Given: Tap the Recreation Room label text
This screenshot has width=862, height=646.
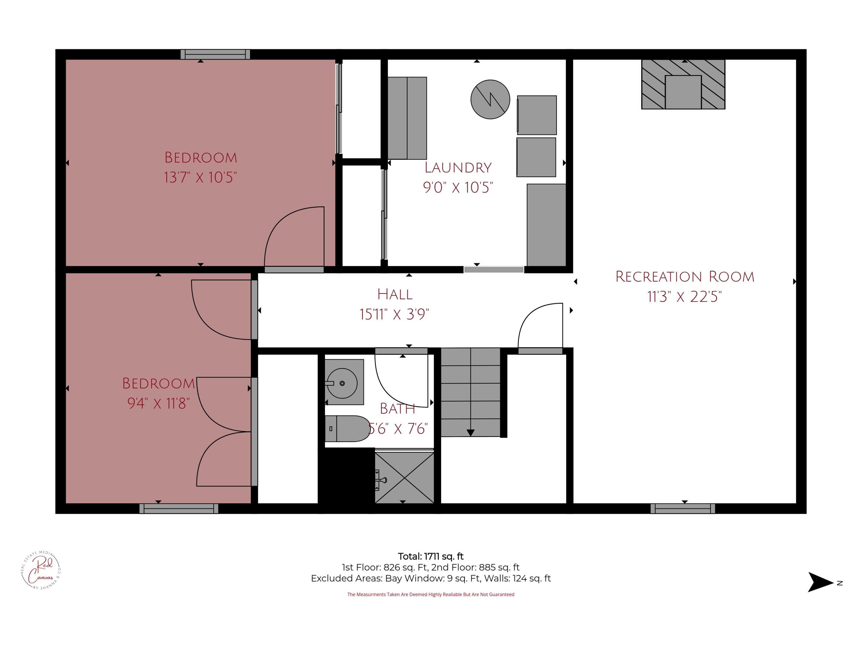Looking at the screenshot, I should pos(685,277).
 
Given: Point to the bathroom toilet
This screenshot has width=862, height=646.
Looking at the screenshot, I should pos(347,429).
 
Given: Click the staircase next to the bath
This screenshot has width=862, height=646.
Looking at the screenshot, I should pos(470,392).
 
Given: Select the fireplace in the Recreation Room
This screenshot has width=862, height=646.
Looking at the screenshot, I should pos(683,84).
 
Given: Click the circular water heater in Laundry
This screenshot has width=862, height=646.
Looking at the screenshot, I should pos(490,99).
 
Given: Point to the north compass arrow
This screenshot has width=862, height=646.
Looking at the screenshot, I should pos(820,583).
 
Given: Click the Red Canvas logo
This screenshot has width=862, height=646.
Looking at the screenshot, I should pos(41,570).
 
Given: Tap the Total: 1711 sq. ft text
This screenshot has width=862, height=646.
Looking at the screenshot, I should pos(431,556).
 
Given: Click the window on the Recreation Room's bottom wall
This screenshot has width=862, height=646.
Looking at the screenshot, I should pos(683,508).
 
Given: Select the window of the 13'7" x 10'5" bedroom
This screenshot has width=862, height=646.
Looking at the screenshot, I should pos(215,55).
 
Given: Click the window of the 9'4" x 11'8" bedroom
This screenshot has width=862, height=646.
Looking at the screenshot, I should pos(179,508).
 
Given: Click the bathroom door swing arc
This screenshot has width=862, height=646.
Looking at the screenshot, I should pos(401,380).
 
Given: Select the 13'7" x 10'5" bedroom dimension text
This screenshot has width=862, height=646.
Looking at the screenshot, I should pos(200,177).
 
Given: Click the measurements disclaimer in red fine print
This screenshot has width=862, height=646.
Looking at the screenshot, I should pos(431,595).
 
